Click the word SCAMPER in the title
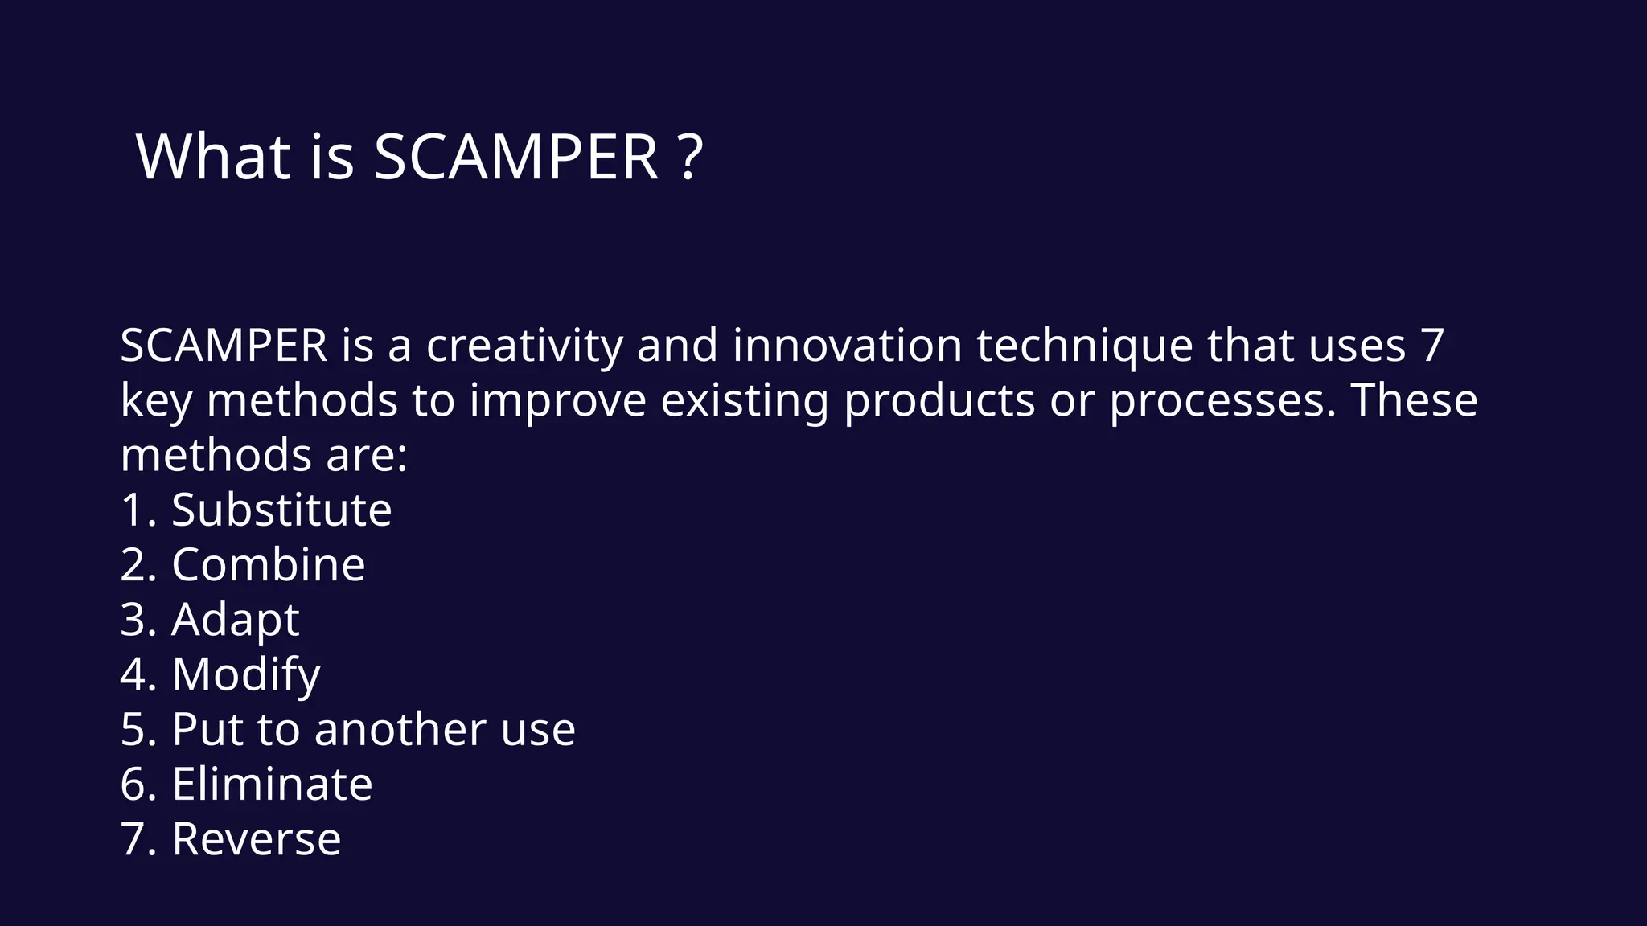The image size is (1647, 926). (x=515, y=157)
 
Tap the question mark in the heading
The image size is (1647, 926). (x=691, y=157)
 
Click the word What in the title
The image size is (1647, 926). (x=213, y=157)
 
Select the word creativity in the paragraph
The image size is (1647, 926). (x=524, y=346)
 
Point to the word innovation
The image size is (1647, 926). (x=848, y=346)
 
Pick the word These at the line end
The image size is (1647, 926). (x=1414, y=399)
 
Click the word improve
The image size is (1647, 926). (x=557, y=401)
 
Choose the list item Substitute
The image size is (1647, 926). (x=281, y=510)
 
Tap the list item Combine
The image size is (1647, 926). (x=269, y=564)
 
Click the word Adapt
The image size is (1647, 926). (x=235, y=621)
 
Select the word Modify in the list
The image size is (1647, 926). (x=246, y=675)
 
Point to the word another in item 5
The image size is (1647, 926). (x=400, y=730)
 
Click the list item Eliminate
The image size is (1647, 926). (x=272, y=785)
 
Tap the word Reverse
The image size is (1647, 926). (x=256, y=839)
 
